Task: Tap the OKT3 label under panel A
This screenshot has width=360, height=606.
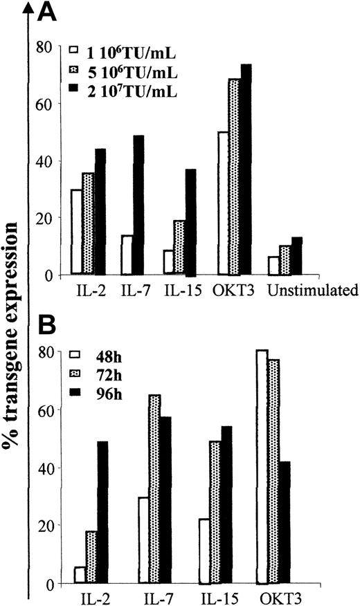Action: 233,290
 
